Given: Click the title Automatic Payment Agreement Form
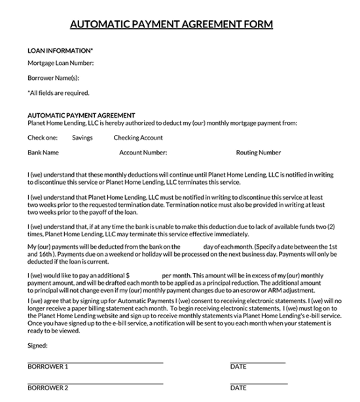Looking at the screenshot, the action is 171,24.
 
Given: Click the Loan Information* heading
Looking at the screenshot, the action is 60,50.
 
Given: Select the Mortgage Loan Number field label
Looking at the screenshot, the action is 61,64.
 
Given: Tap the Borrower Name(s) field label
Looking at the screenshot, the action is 53,78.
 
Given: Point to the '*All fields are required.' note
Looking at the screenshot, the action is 58,93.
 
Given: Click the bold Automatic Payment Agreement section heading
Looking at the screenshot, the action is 81,115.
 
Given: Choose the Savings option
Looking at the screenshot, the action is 82,138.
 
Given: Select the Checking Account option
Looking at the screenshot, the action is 138,138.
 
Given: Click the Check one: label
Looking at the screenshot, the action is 43,138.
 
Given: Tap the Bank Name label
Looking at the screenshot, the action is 43,153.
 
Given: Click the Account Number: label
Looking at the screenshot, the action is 143,153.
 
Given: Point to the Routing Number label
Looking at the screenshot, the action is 259,153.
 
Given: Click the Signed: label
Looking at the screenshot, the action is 37,345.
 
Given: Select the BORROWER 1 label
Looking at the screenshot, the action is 48,367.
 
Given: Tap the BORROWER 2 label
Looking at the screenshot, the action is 48,388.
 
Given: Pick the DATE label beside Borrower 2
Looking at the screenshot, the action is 238,388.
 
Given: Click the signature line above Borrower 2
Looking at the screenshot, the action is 95,382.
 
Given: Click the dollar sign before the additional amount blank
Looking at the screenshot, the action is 127,276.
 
